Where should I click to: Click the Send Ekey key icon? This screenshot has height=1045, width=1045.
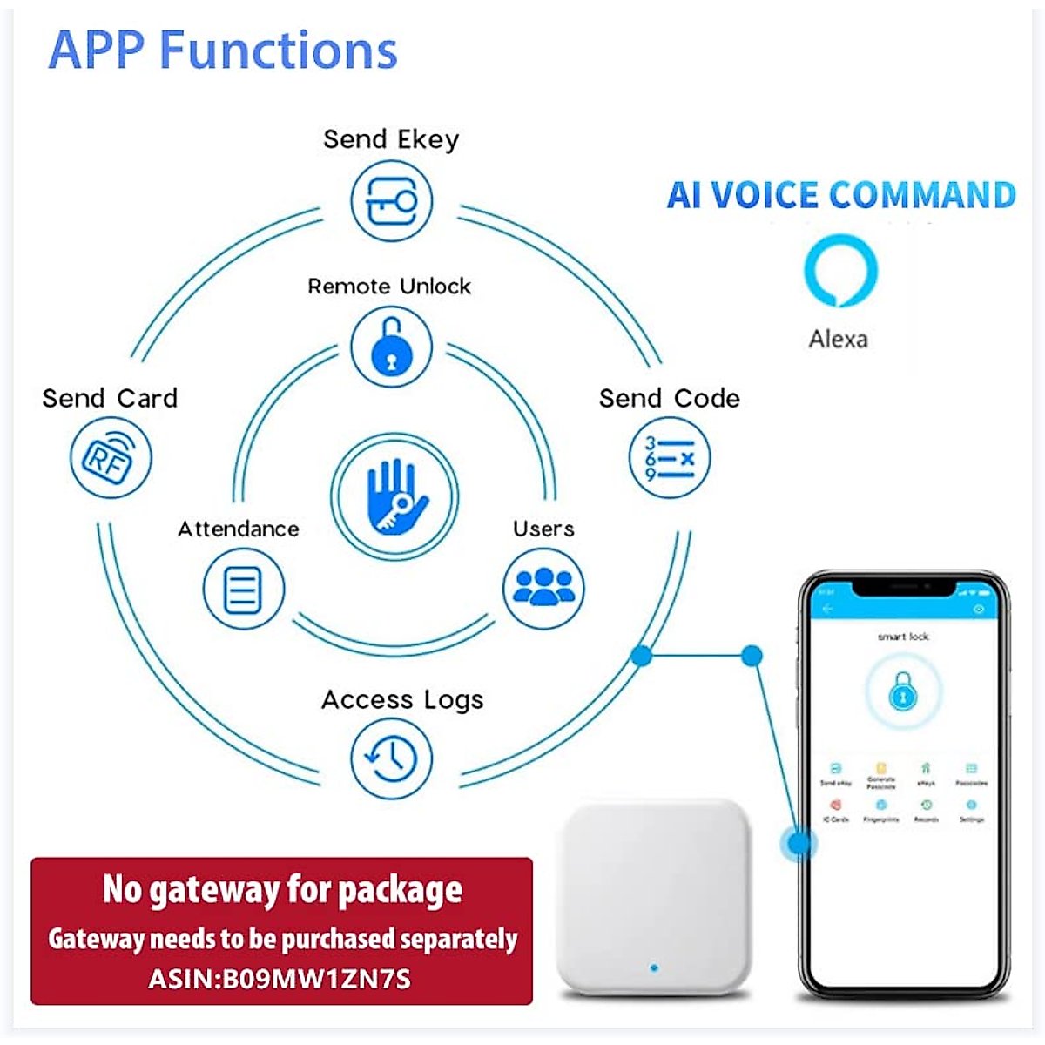391,201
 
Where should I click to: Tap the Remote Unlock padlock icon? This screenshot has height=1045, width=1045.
391,347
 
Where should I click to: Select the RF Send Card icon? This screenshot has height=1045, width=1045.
110,458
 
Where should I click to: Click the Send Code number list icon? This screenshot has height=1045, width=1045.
669,458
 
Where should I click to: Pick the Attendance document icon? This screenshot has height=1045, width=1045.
243,590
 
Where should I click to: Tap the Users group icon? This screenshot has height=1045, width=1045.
543,588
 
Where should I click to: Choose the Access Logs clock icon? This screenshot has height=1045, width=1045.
391,758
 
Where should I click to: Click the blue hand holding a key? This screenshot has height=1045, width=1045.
394,497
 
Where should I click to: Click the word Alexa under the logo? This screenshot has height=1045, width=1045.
838,339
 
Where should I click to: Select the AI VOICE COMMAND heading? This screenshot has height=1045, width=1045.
841,195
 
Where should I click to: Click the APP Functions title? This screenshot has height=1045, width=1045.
223,50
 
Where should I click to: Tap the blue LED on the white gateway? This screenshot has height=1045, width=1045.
654,967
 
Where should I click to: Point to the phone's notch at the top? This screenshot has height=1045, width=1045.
902,589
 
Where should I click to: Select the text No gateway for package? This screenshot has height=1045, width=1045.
282,889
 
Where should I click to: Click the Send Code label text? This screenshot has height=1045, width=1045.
669,399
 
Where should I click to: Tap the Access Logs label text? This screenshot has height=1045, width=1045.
401,700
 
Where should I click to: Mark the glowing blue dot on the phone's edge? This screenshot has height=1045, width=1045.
799,842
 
